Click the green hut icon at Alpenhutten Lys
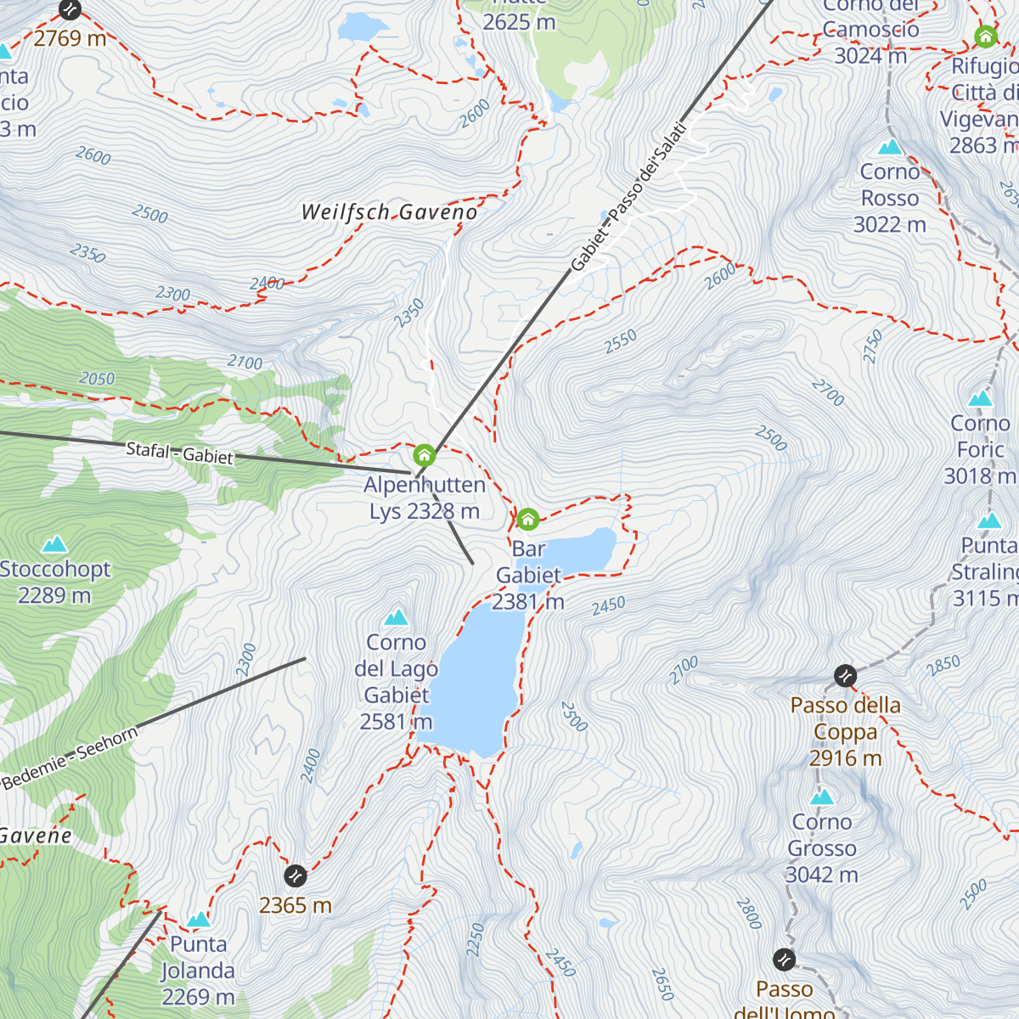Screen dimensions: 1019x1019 tap(424, 455)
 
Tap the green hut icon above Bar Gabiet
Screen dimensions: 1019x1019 tap(527, 519)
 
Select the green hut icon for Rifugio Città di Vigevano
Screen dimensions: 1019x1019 tap(985, 37)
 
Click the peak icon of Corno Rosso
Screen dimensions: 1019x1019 tap(890, 147)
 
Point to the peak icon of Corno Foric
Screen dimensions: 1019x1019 tap(981, 398)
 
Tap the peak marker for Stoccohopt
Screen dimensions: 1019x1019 tap(55, 543)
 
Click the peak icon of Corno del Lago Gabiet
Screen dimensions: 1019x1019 tap(396, 617)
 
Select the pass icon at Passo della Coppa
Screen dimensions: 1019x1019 tap(845, 676)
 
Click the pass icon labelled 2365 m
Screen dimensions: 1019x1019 tap(295, 875)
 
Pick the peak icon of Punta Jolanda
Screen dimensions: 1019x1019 tap(198, 920)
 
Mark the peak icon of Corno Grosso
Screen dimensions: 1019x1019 tap(821, 797)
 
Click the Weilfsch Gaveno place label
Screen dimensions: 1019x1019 tap(389, 212)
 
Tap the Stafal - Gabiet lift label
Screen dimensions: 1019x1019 tap(179, 453)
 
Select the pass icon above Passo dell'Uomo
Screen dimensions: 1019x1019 tap(785, 960)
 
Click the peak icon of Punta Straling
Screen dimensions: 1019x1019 tap(989, 521)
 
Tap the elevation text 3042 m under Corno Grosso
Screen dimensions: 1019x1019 tap(821, 875)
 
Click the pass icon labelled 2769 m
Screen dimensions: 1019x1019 tap(70, 9)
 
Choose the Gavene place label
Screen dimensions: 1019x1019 tap(36, 836)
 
